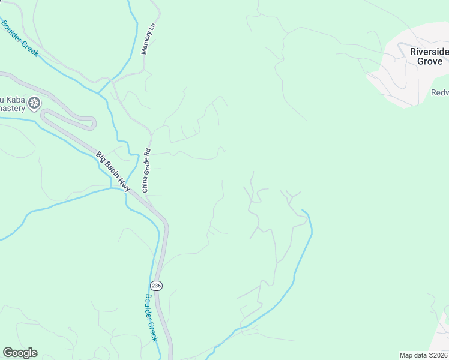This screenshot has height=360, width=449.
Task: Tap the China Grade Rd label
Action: (146, 171)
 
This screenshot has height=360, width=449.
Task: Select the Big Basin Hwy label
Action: (113, 172)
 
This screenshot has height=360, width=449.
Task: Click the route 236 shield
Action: (156, 286)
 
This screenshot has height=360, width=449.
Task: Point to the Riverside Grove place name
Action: (429, 56)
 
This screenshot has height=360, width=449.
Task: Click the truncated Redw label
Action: (439, 92)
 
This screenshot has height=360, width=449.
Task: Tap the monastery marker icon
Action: (35, 103)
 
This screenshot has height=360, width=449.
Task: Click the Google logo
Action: (20, 353)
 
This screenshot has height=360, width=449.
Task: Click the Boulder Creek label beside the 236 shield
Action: (151, 317)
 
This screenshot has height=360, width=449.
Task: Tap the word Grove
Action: (429, 61)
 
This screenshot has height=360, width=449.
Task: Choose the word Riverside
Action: (429, 52)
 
